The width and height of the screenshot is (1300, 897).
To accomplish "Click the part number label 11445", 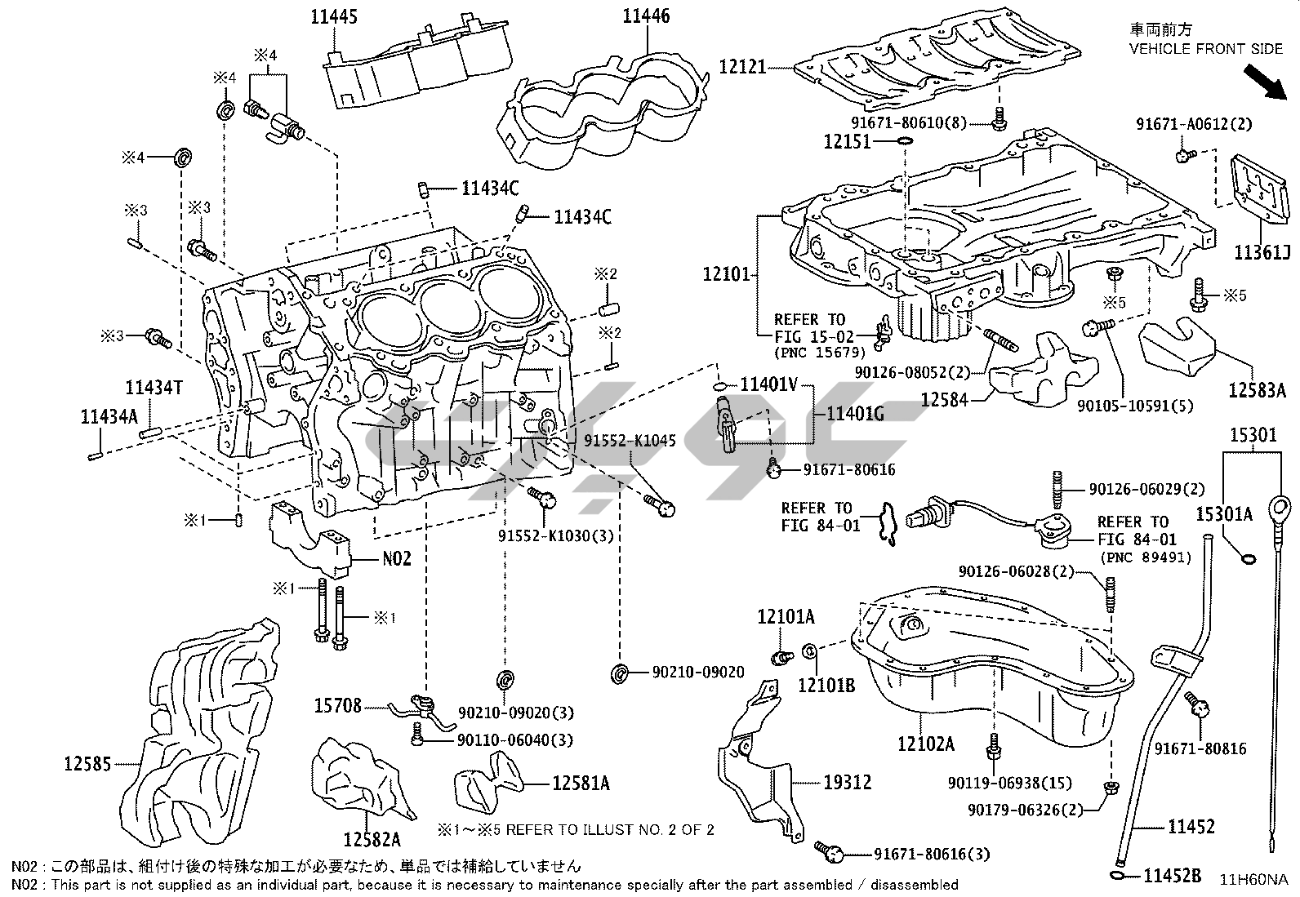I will [x=334, y=16].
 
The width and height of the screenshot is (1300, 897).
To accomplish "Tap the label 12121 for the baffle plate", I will [x=742, y=66].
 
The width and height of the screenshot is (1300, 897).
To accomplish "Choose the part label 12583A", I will [x=1257, y=390].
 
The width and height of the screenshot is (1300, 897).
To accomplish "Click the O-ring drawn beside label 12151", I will [x=904, y=142].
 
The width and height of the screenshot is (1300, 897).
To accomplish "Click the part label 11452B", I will [x=1172, y=877].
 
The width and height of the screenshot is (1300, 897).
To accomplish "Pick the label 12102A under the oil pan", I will [x=925, y=744].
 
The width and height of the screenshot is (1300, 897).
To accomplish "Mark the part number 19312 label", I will [x=847, y=783].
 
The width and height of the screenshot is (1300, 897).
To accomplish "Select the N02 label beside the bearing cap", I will [x=397, y=559].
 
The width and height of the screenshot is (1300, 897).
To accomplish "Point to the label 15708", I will [x=337, y=705].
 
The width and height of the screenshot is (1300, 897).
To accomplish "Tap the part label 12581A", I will [x=581, y=784].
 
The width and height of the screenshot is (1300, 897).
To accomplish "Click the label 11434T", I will [x=154, y=388].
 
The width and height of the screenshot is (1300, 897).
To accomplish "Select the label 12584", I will [x=945, y=400].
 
